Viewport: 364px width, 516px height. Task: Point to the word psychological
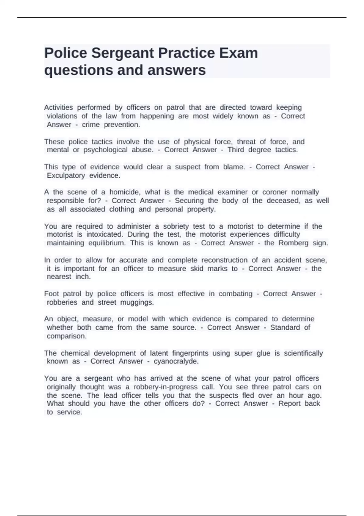point(105,150)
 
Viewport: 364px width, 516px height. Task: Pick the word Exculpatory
point(66,175)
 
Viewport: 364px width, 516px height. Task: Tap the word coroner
point(275,192)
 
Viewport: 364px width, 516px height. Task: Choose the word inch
point(83,277)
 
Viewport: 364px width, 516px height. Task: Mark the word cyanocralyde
point(176,361)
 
